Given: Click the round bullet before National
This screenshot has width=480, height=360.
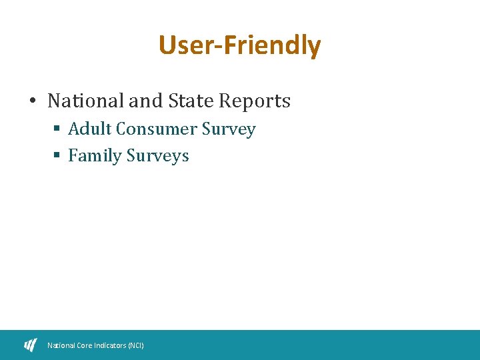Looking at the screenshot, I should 32,101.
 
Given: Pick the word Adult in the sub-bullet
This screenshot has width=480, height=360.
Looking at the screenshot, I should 90,129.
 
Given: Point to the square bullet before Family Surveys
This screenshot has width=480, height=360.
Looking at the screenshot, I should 57,156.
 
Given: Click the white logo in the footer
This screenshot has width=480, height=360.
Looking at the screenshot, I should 31,345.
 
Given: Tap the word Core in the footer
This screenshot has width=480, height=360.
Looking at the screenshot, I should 82,345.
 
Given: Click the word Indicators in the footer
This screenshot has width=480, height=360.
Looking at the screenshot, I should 109,345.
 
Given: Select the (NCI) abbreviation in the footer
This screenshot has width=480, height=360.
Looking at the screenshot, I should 135,345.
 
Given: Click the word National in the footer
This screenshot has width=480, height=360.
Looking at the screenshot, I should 61,345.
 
